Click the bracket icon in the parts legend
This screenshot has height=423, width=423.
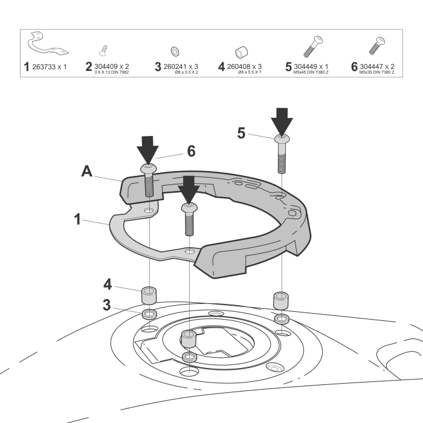47,46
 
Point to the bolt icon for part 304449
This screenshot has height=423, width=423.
312,47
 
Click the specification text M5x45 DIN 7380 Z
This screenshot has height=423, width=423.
314,73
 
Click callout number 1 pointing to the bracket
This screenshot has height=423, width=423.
77,219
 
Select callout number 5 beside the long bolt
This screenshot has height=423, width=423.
241,134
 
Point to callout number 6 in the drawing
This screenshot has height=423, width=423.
190,151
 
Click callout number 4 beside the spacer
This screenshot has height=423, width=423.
106,283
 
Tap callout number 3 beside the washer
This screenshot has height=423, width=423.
106,305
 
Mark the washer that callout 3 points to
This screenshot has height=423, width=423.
149,314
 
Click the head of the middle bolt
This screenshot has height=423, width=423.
189,208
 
